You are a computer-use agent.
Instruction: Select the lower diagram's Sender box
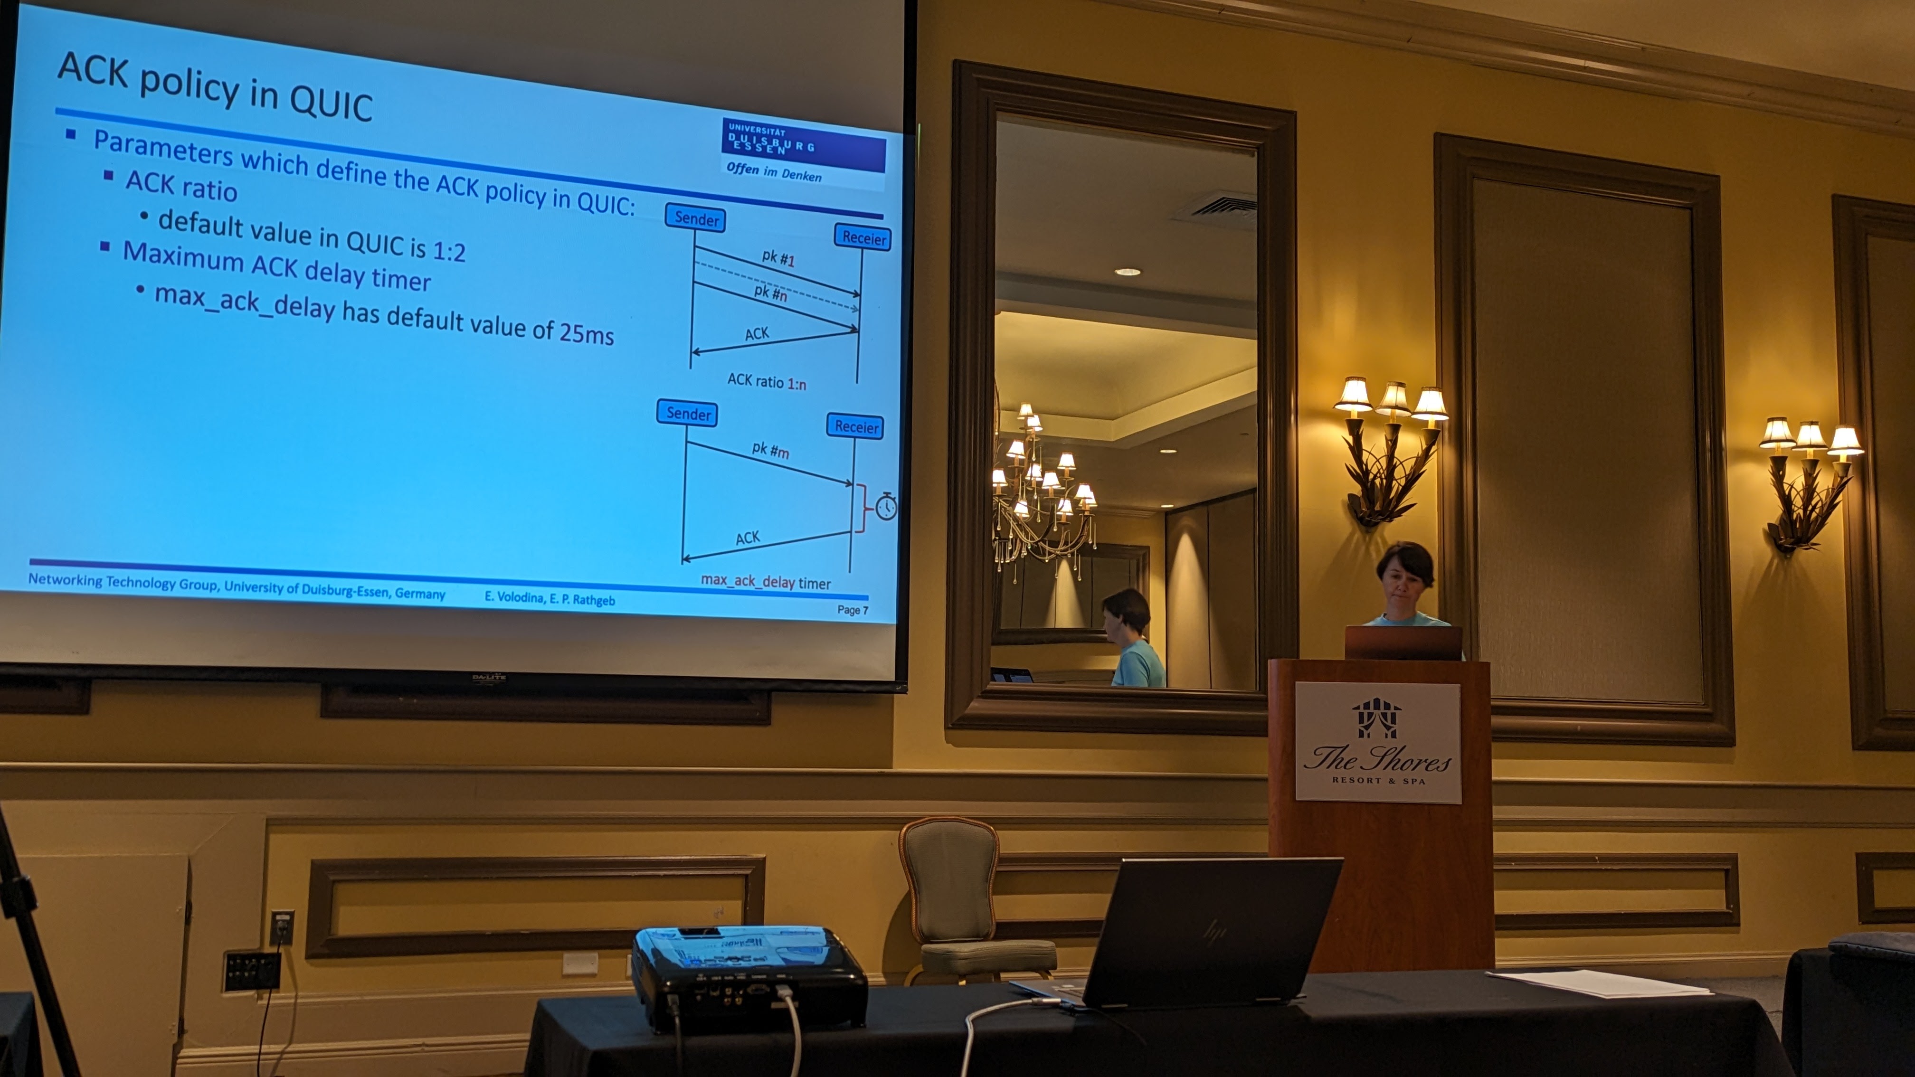[688, 413]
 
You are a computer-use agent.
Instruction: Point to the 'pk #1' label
[778, 258]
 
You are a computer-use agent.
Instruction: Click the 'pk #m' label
[770, 450]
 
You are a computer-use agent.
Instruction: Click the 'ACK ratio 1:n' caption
[767, 381]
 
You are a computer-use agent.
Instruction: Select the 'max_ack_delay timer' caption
[766, 581]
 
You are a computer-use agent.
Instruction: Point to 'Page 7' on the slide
[853, 609]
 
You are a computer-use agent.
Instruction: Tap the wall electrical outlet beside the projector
[281, 927]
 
